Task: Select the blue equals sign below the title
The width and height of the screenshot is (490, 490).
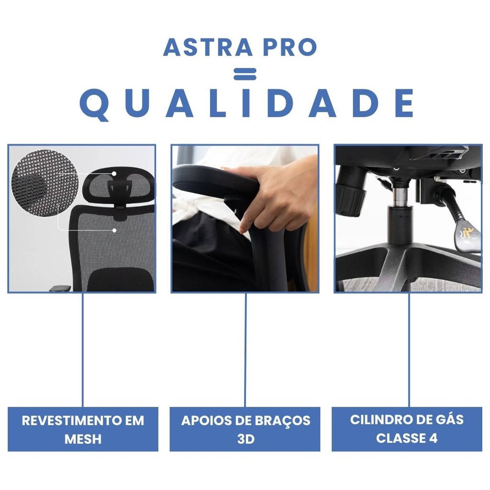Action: tap(245, 74)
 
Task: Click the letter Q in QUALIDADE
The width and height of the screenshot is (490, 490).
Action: tap(94, 104)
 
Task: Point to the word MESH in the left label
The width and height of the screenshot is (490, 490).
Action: tap(83, 439)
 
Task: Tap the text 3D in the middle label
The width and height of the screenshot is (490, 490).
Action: tap(246, 439)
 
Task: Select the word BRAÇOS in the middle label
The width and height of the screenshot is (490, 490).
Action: tap(284, 421)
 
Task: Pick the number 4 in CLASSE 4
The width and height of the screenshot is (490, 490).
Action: tap(433, 438)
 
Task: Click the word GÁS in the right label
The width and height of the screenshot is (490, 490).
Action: tap(450, 419)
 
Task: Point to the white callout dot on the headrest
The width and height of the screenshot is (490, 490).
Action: tap(114, 173)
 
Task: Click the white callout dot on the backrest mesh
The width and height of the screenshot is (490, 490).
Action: tap(114, 230)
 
